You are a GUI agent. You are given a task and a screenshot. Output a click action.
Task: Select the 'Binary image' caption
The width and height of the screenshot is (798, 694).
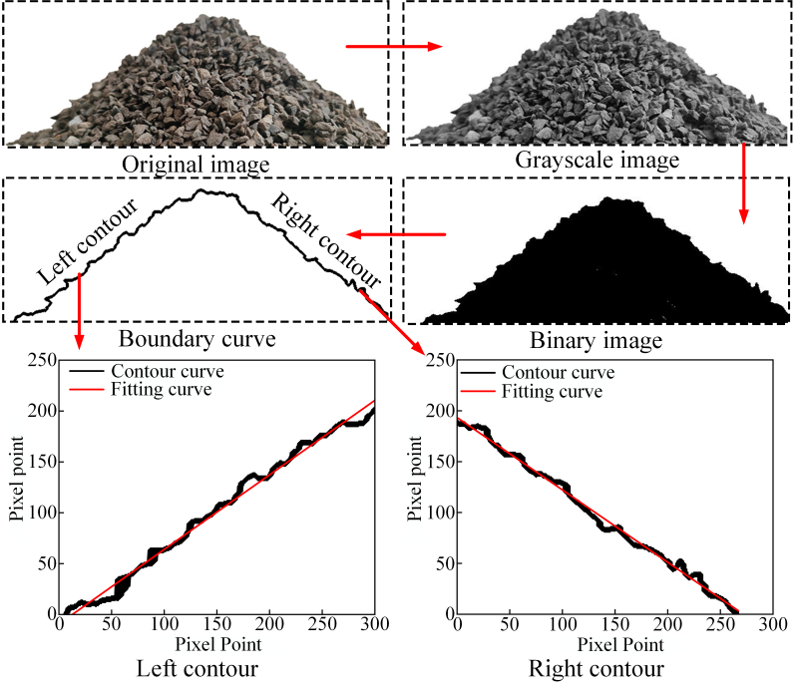coord(598,342)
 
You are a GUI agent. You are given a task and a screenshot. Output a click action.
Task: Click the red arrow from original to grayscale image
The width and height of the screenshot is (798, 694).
coord(394,46)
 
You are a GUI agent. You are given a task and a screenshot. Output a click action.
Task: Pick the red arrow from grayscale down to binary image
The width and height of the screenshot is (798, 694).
coord(743,185)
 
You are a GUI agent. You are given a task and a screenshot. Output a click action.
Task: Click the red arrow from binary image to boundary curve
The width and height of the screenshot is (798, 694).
coord(395,236)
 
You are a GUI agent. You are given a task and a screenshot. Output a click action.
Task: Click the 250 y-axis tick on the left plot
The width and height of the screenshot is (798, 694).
coord(43,360)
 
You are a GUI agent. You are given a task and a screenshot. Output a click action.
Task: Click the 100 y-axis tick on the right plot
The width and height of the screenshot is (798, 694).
coord(440,512)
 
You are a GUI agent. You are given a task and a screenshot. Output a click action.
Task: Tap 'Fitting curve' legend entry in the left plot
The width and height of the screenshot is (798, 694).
coord(162,389)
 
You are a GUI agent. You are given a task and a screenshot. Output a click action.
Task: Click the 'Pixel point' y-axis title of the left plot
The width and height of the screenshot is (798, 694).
coord(17,487)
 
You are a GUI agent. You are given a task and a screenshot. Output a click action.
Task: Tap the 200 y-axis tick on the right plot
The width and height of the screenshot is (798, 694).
coord(440,411)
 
